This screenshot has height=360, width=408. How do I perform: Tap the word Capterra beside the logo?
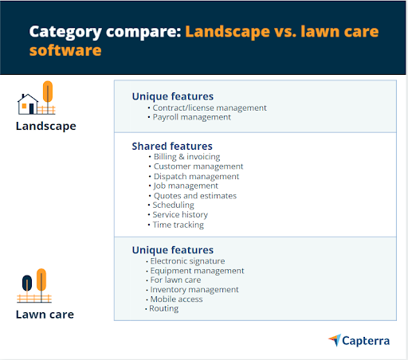pyautogui.click(x=366, y=341)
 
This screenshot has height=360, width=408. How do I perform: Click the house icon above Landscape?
pyautogui.click(x=28, y=104)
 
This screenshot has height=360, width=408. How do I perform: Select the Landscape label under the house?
pyautogui.click(x=46, y=126)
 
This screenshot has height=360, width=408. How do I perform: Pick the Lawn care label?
pyautogui.click(x=45, y=315)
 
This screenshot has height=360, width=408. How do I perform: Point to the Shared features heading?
pyautogui.click(x=172, y=147)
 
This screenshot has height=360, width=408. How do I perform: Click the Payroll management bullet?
pyautogui.click(x=191, y=117)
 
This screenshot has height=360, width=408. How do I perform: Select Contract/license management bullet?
pyautogui.click(x=210, y=108)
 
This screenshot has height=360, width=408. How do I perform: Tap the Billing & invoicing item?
pyautogui.click(x=186, y=157)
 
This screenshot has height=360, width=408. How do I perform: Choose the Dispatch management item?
pyautogui.click(x=196, y=176)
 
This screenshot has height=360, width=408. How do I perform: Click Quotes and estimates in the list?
pyautogui.click(x=195, y=196)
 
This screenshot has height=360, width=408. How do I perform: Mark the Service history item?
pyautogui.click(x=180, y=214)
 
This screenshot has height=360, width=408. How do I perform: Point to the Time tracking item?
pyautogui.click(x=178, y=225)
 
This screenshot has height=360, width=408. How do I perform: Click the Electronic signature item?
pyautogui.click(x=187, y=261)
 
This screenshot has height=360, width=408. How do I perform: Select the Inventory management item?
pyautogui.click(x=194, y=290)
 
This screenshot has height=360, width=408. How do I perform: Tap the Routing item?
pyautogui.click(x=164, y=308)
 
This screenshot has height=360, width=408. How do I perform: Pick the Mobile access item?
pyautogui.click(x=176, y=299)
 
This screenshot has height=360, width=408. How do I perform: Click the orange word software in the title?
pyautogui.click(x=65, y=50)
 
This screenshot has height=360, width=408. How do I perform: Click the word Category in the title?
pyautogui.click(x=65, y=33)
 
